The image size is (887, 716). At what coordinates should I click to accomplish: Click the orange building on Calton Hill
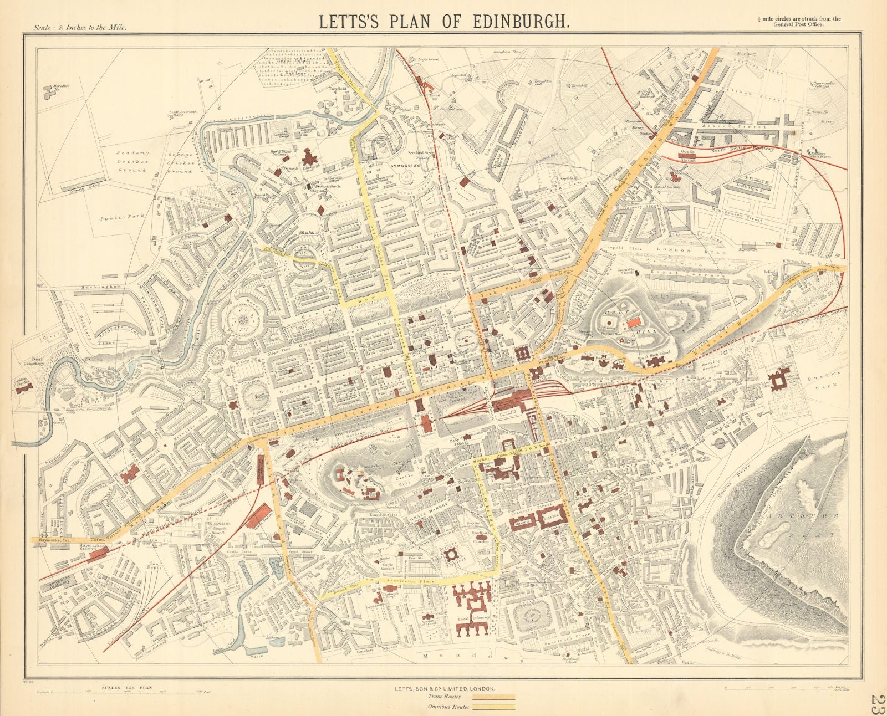tap(634, 322)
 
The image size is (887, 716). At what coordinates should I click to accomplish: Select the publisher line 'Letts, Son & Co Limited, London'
tap(443, 688)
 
